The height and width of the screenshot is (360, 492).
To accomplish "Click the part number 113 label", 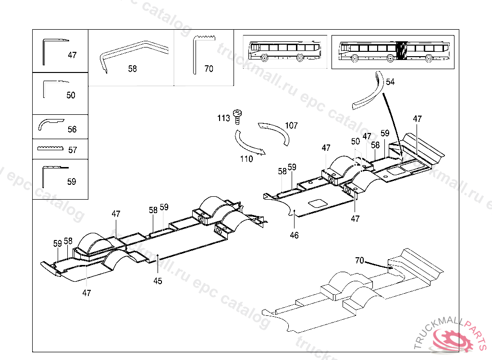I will [223, 118].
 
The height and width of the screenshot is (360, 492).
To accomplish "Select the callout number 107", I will [291, 126].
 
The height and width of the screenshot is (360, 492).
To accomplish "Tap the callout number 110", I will [246, 159].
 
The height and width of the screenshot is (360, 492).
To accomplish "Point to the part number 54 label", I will [390, 82].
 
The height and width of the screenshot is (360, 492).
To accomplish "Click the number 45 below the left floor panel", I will [158, 281].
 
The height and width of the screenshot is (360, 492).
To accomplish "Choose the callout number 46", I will [294, 235].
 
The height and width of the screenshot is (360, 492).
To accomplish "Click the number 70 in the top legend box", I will [209, 69].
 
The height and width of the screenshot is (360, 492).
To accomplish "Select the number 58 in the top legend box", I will [132, 69].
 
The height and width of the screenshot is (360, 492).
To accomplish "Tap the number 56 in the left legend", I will [72, 130].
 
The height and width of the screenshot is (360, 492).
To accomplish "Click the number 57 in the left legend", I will [73, 150].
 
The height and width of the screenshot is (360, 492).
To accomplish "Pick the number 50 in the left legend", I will [71, 96].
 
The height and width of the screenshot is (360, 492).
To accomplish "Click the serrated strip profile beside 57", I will [50, 148].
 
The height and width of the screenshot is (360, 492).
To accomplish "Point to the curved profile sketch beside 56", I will [49, 124].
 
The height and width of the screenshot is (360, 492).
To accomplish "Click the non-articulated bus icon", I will [282, 49].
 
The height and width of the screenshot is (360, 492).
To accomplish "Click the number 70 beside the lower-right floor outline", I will [359, 261].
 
